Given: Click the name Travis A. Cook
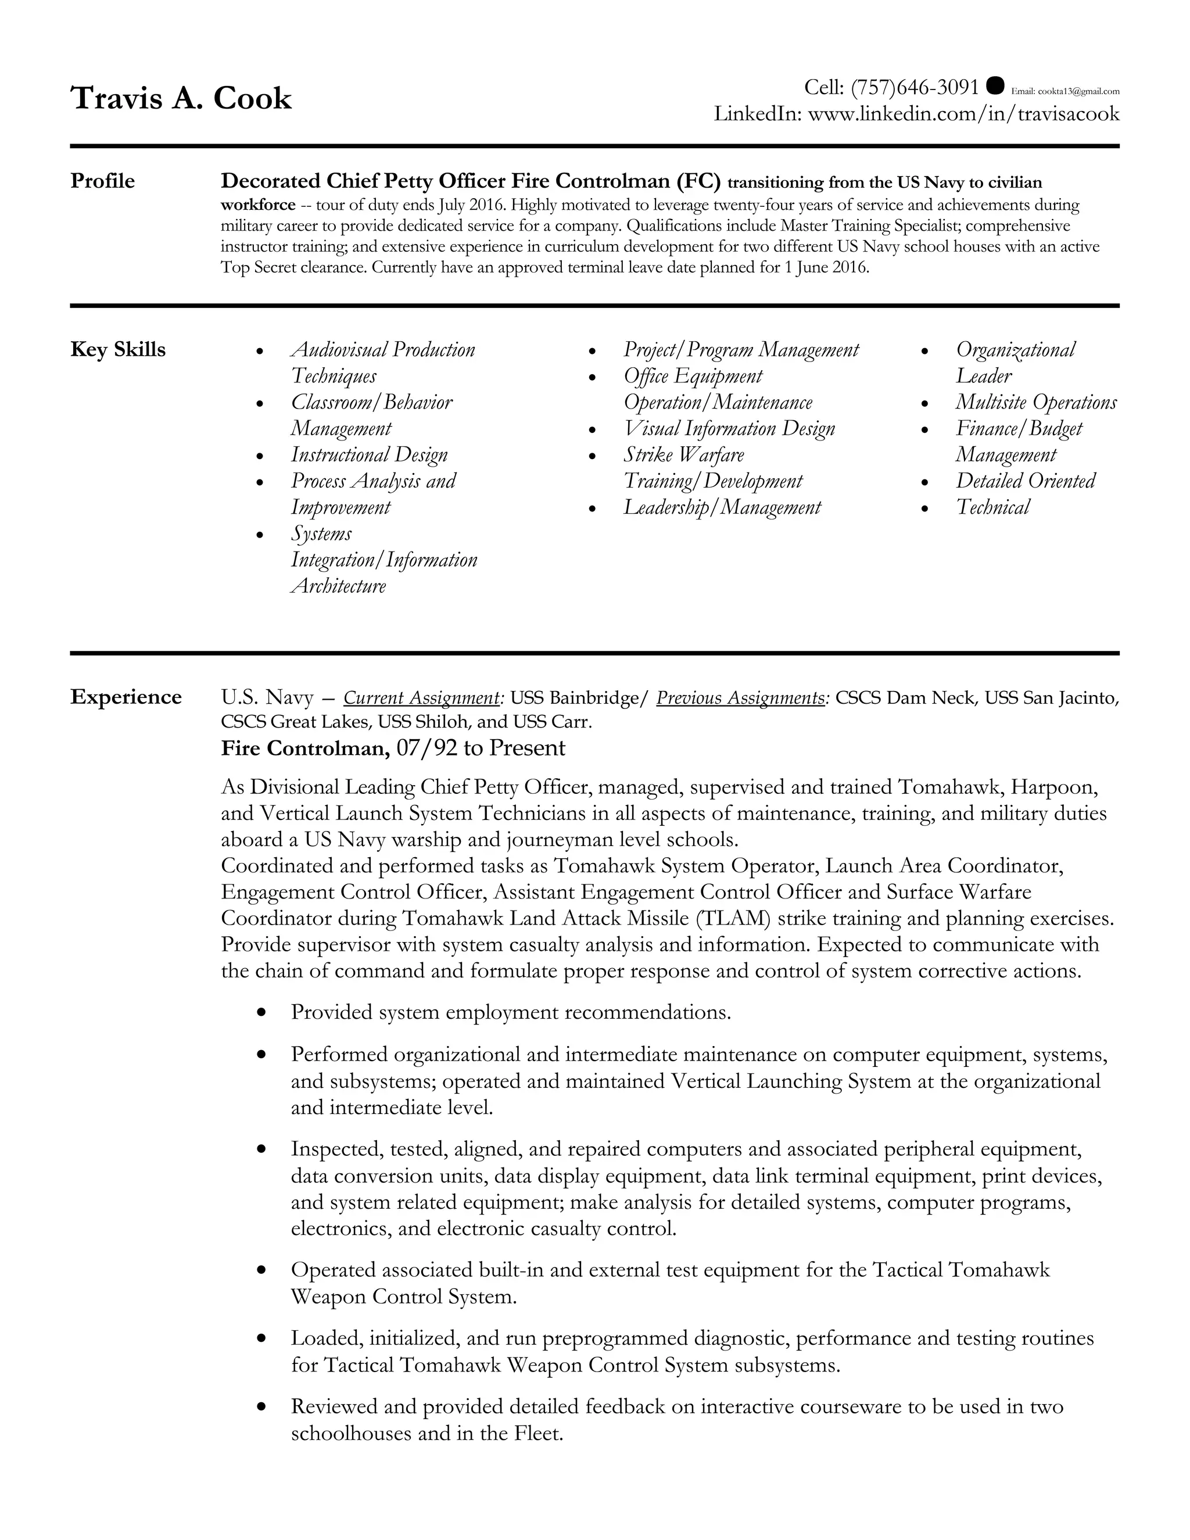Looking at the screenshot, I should pyautogui.click(x=181, y=98).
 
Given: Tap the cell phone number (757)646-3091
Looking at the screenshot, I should pyautogui.click(x=915, y=87).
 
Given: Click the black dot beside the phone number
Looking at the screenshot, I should pyautogui.click(x=995, y=85).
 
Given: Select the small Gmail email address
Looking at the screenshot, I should pyautogui.click(x=1065, y=91).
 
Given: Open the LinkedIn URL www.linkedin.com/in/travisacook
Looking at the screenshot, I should pyautogui.click(x=963, y=113).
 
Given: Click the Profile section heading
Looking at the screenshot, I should pyautogui.click(x=102, y=181).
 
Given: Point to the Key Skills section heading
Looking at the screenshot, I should pyautogui.click(x=118, y=350).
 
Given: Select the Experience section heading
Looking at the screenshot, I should pyautogui.click(x=126, y=697).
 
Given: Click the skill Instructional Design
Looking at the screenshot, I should pyautogui.click(x=369, y=455).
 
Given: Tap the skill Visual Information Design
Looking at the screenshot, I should pyautogui.click(x=729, y=429).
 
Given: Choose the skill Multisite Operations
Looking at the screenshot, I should pyautogui.click(x=1035, y=402).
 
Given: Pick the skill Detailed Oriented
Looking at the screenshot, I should pyautogui.click(x=1025, y=481).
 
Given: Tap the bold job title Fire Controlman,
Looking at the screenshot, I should pyautogui.click(x=305, y=747).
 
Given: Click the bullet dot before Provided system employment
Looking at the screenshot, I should pyautogui.click(x=261, y=1012).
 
